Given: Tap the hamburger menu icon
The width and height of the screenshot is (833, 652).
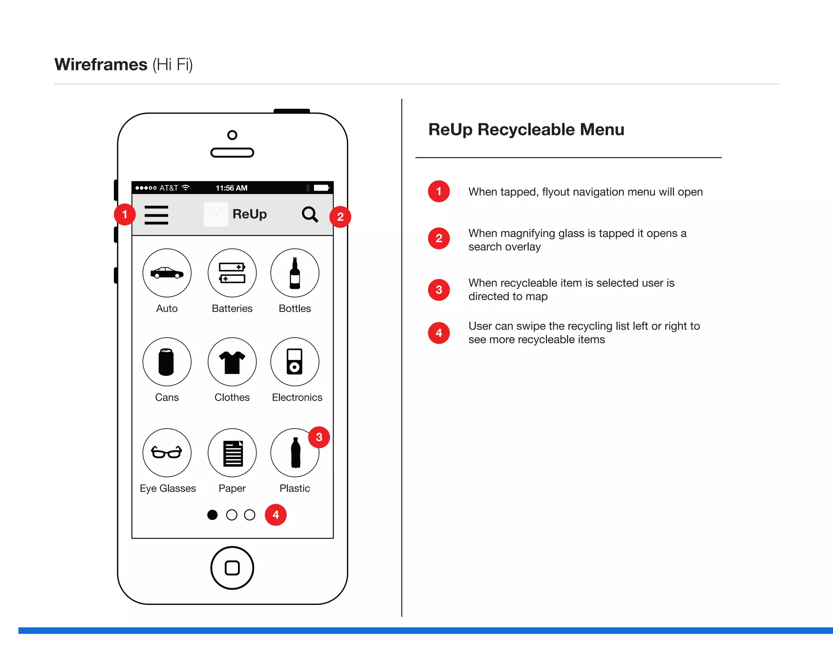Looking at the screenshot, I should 156,215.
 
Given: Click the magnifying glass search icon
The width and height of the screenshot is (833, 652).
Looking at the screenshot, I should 310,214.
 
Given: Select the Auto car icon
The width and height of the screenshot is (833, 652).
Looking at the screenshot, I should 167,273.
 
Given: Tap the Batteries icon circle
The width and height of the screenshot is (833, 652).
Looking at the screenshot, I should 232,273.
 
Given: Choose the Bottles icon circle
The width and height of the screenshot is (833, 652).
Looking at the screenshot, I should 294,273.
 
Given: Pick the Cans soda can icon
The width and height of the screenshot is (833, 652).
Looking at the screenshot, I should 167,362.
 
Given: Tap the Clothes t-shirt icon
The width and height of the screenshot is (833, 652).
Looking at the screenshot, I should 232,362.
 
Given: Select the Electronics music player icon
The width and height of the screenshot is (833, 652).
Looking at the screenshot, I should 294,362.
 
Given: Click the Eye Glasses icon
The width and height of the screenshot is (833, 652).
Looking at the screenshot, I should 167,452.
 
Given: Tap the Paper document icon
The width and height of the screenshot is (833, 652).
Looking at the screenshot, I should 232,452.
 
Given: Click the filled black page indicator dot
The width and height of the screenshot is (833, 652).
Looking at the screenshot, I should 212,515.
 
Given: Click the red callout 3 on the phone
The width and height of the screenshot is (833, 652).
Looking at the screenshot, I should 319,437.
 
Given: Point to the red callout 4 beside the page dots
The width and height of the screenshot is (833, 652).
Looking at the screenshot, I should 276,515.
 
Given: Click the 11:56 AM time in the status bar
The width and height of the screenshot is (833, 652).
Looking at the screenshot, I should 231,188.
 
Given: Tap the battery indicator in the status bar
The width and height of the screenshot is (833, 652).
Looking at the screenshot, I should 321,188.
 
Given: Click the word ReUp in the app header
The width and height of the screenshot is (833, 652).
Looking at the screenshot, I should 249,214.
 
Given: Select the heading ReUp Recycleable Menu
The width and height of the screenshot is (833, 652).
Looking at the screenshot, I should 526,129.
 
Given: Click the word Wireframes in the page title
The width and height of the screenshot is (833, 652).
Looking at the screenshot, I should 101,65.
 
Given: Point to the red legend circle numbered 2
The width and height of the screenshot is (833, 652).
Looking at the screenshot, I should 439,238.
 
